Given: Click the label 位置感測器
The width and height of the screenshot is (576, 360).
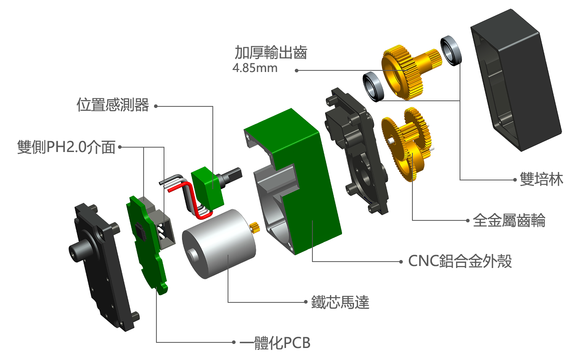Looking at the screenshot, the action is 113,105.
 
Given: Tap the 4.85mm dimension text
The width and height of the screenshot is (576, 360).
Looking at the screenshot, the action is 255,68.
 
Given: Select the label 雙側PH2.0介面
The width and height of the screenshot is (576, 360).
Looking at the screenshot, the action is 66,147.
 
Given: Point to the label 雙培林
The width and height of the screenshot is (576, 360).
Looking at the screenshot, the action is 541,179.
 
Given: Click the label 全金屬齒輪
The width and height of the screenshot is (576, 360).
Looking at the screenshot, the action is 509,220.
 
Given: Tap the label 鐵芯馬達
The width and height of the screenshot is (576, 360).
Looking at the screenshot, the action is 340,302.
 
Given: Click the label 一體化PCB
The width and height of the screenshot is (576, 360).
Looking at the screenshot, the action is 275,342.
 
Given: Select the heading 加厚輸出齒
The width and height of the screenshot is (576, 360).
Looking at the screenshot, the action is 271,52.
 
